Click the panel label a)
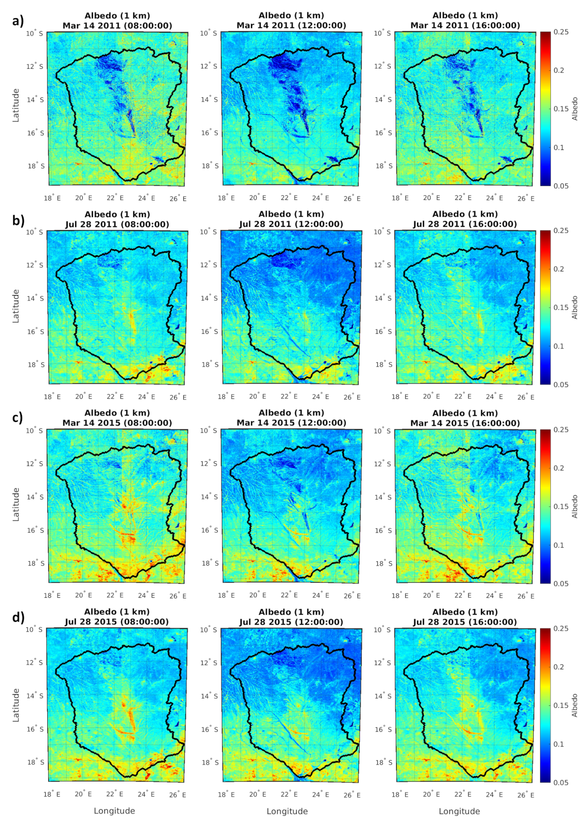click(18, 21)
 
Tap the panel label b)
click(18, 220)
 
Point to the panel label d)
click(18, 617)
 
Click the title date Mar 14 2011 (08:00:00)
click(117, 25)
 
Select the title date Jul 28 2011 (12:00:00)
click(291, 224)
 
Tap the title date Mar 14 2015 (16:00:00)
click(465, 423)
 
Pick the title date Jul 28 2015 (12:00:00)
click(291, 622)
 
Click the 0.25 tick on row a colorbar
click(561, 32)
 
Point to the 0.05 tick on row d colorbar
click(561, 782)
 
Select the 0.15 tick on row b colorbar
click(561, 308)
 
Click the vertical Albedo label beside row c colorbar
click(575, 506)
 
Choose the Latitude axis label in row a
click(16, 105)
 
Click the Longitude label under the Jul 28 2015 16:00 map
click(459, 811)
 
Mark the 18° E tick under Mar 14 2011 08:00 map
click(52, 198)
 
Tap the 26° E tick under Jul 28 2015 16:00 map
click(526, 795)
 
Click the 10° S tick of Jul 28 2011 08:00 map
click(35, 232)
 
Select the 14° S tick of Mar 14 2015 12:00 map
click(209, 497)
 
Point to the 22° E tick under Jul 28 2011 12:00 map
click(289, 397)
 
